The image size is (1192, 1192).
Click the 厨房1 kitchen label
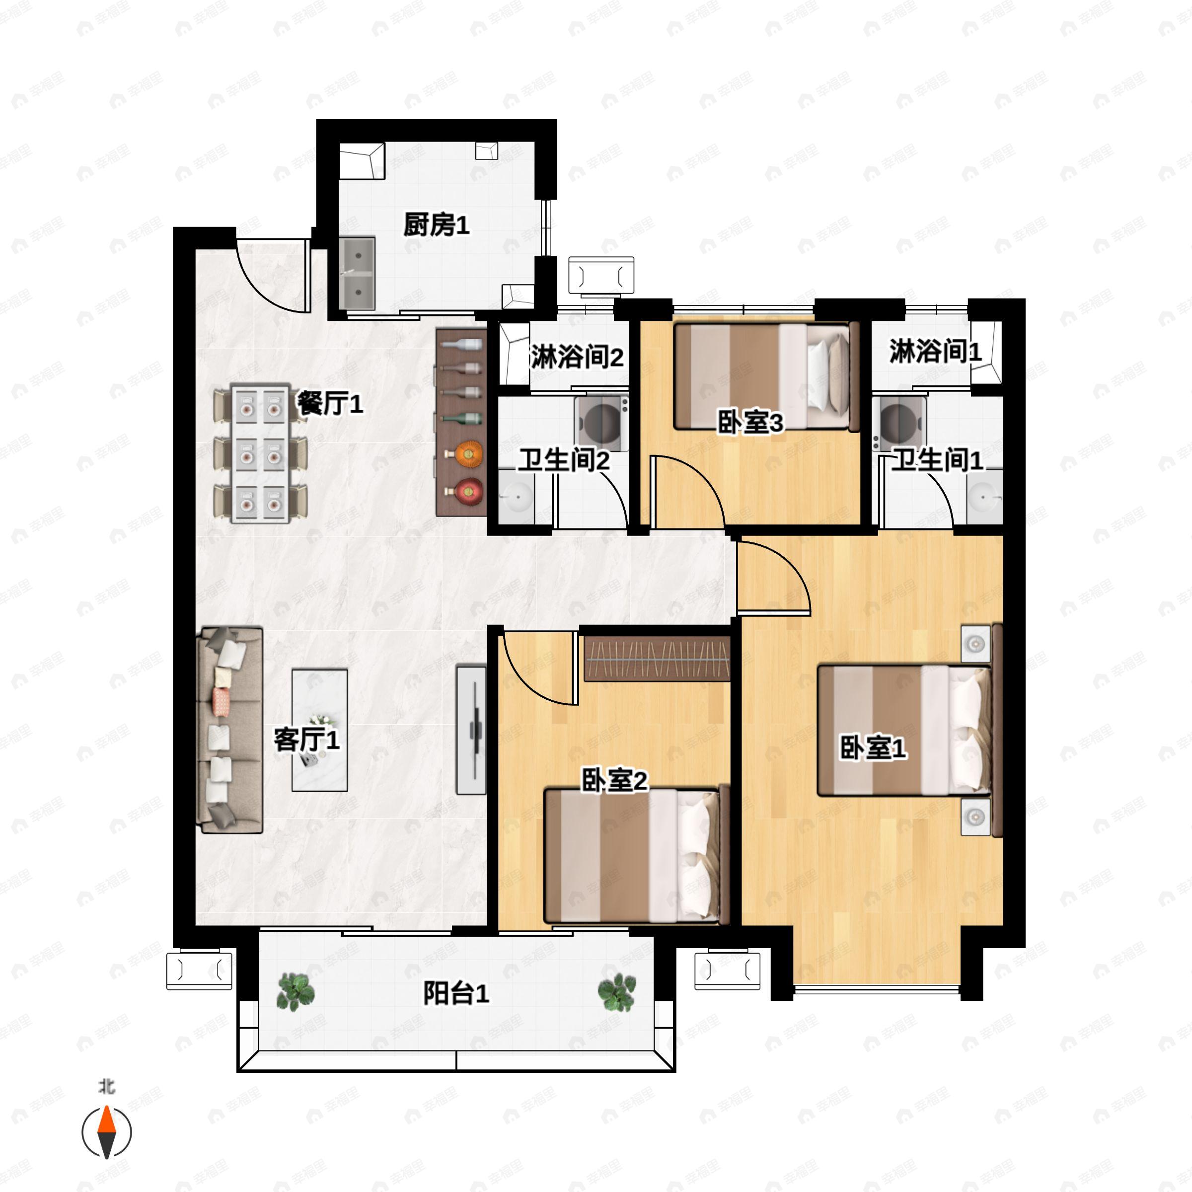pos(436,225)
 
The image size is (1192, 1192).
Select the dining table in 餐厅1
pos(260,454)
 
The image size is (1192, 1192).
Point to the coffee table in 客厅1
pos(319,730)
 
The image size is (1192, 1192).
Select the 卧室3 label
pos(750,423)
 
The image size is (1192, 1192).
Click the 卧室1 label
pos(873,748)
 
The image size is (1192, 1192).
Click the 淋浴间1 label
pos(935,352)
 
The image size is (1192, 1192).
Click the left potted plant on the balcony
pos(296,992)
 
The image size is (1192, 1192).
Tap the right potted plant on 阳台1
pos(617,992)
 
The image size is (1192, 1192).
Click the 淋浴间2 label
pos(576,357)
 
